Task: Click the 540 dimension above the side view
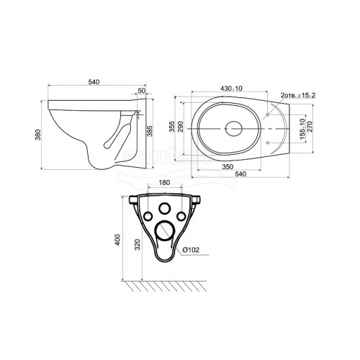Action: [x=94, y=82]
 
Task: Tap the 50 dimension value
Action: [x=142, y=91]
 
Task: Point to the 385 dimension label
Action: [x=150, y=131]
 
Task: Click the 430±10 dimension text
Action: [x=231, y=89]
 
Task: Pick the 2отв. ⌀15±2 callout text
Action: [x=298, y=95]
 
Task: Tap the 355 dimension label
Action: [x=172, y=127]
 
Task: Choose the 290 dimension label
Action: [x=181, y=127]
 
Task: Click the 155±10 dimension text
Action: [x=302, y=129]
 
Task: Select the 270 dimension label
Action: [x=310, y=127]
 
